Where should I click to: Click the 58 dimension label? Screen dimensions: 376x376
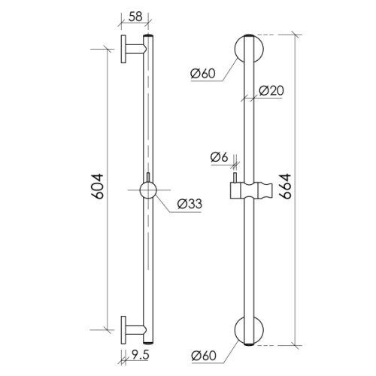pos(135,17)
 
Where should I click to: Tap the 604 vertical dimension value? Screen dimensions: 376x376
pos(98,186)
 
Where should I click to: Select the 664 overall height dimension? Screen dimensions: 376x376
pos(285,186)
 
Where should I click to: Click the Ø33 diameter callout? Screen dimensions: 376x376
pos(190,204)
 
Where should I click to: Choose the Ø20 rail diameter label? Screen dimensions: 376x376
pos(271,90)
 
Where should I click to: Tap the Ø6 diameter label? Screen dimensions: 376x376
pos(220,157)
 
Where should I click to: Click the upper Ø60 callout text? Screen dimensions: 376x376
pos(203,74)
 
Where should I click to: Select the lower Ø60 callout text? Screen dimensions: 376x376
pos(204,356)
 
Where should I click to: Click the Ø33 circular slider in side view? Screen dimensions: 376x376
pos(148,190)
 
